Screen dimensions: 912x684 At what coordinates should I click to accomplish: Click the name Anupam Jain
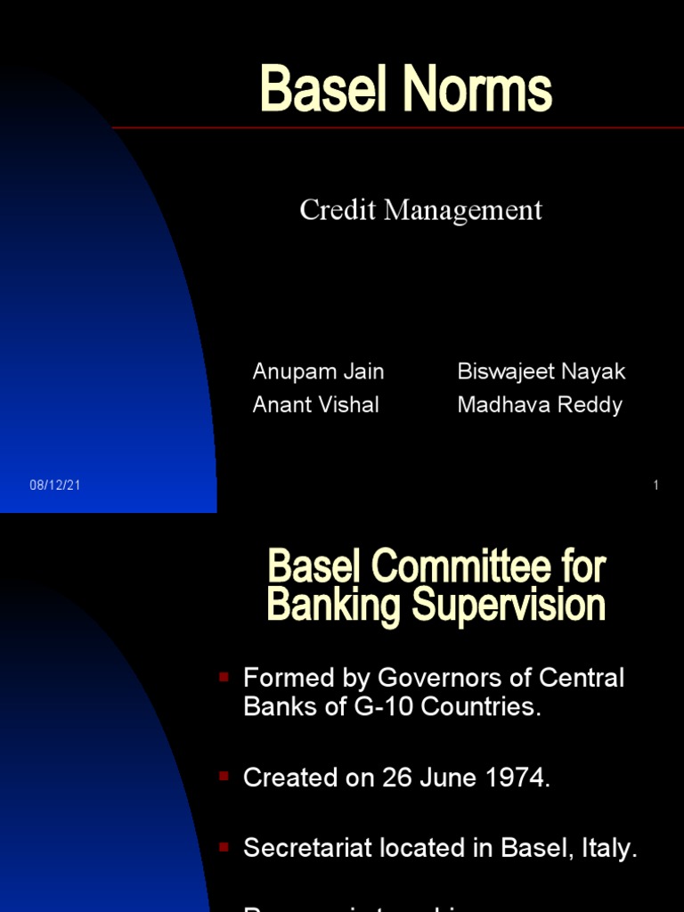click(318, 371)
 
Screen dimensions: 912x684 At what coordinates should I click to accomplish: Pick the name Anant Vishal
click(315, 404)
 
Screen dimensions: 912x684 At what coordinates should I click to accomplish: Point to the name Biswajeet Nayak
click(541, 371)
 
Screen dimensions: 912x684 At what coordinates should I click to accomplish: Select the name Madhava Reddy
click(540, 404)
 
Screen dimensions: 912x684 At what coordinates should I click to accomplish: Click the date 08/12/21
click(54, 485)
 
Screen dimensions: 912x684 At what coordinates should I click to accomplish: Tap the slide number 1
click(655, 485)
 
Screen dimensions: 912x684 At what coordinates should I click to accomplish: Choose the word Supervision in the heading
click(509, 606)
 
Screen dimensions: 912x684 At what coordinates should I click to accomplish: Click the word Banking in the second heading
click(334, 606)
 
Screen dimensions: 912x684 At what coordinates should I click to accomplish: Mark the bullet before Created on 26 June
click(224, 777)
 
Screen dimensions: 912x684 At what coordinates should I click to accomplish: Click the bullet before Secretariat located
click(224, 846)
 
